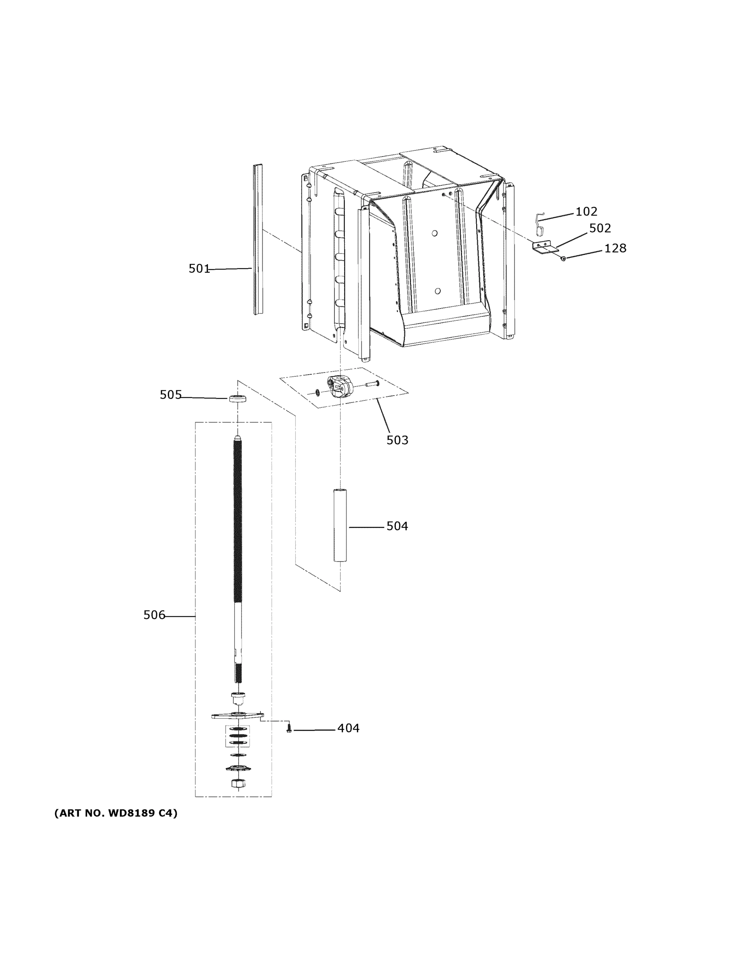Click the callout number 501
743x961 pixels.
[x=199, y=268]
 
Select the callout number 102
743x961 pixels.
[x=586, y=212]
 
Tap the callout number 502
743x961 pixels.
[x=600, y=228]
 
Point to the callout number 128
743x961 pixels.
[x=615, y=249]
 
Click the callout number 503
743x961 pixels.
[x=397, y=440]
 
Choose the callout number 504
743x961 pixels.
[x=397, y=526]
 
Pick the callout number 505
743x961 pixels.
[x=170, y=395]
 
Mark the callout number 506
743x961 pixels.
[x=154, y=615]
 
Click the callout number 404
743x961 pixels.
[x=348, y=728]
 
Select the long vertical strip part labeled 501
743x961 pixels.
[x=258, y=240]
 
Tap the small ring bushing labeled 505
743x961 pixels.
[x=237, y=399]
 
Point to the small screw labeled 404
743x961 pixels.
[x=289, y=729]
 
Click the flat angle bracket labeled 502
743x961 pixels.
[x=545, y=248]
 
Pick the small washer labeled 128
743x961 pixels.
[x=563, y=258]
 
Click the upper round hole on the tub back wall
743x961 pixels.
[x=435, y=233]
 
